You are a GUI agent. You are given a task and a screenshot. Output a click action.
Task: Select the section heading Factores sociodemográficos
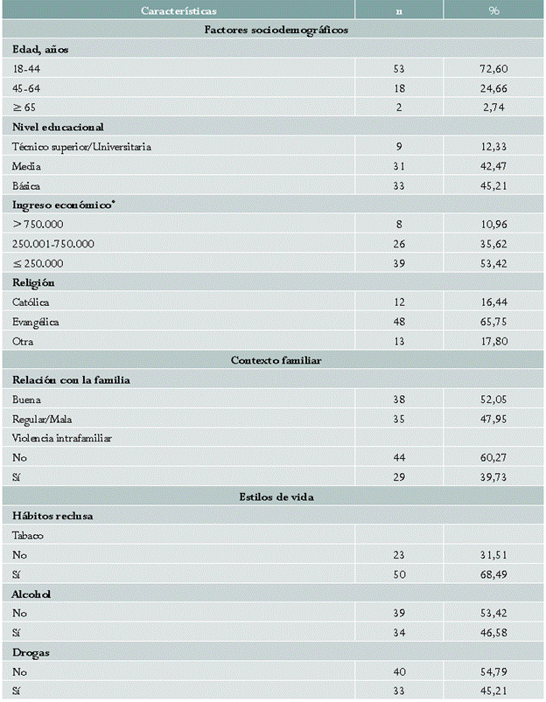click(273, 31)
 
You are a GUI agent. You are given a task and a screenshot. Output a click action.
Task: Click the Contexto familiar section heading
click(273, 360)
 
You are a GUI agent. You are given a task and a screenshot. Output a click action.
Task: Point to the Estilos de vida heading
click(273, 497)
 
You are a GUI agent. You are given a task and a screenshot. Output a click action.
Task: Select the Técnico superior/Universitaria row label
click(81, 147)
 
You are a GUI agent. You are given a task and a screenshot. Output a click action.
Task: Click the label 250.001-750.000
click(53, 244)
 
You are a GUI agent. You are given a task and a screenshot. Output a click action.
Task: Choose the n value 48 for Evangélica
click(399, 322)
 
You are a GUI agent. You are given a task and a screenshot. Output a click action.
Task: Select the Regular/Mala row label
click(42, 419)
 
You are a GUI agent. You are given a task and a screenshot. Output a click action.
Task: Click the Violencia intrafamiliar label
click(64, 438)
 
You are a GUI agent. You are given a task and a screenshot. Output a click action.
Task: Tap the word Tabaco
click(28, 535)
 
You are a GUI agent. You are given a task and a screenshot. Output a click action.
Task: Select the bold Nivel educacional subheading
click(58, 127)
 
